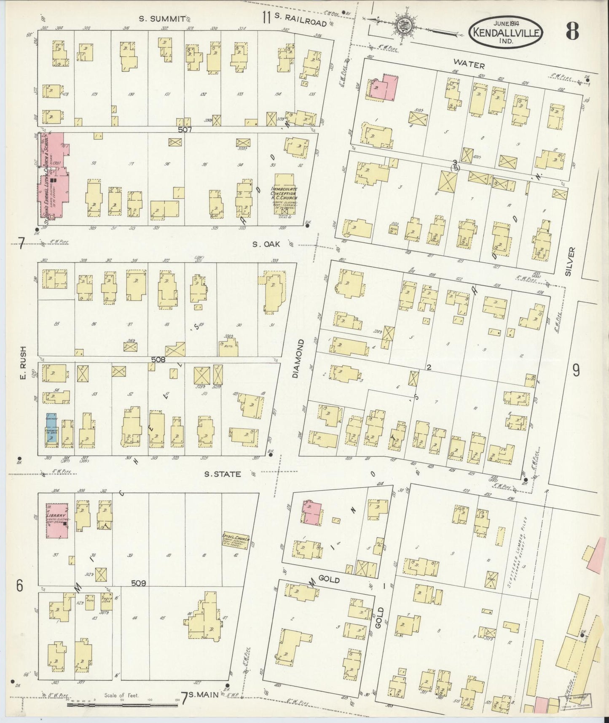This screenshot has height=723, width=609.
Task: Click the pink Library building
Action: tap(56, 521)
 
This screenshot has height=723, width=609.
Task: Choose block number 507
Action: tap(185, 130)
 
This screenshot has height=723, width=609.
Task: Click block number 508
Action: tap(158, 360)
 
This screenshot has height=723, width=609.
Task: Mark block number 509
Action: tap(138, 584)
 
